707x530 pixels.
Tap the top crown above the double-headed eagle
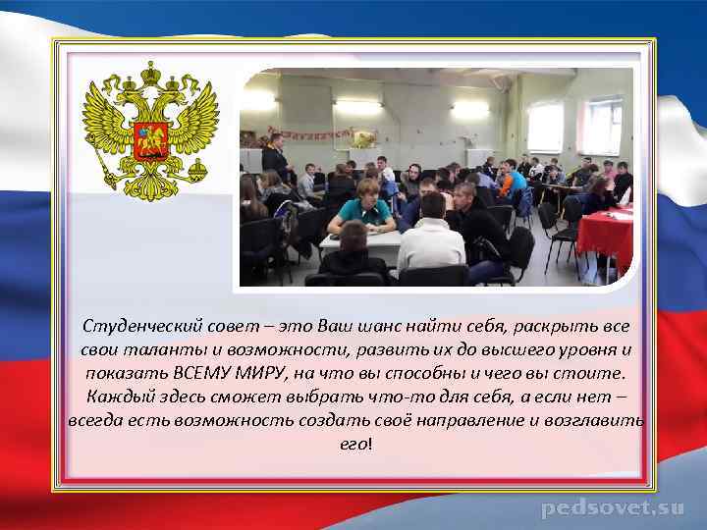150,74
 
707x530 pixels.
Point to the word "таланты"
155,349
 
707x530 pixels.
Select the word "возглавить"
599,420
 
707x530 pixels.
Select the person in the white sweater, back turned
430,240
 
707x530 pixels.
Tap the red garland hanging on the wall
309,132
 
